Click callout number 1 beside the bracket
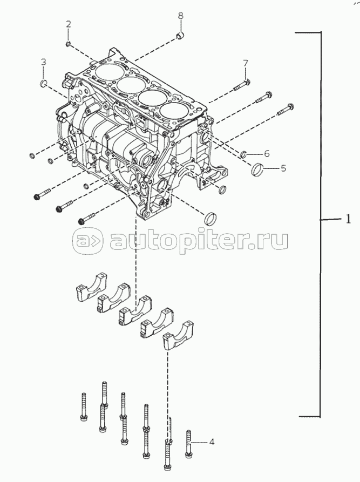(348, 219)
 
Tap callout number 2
(69, 24)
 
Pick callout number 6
(266, 153)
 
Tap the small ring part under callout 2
(69, 43)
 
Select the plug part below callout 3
(45, 83)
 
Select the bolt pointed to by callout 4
(189, 443)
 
